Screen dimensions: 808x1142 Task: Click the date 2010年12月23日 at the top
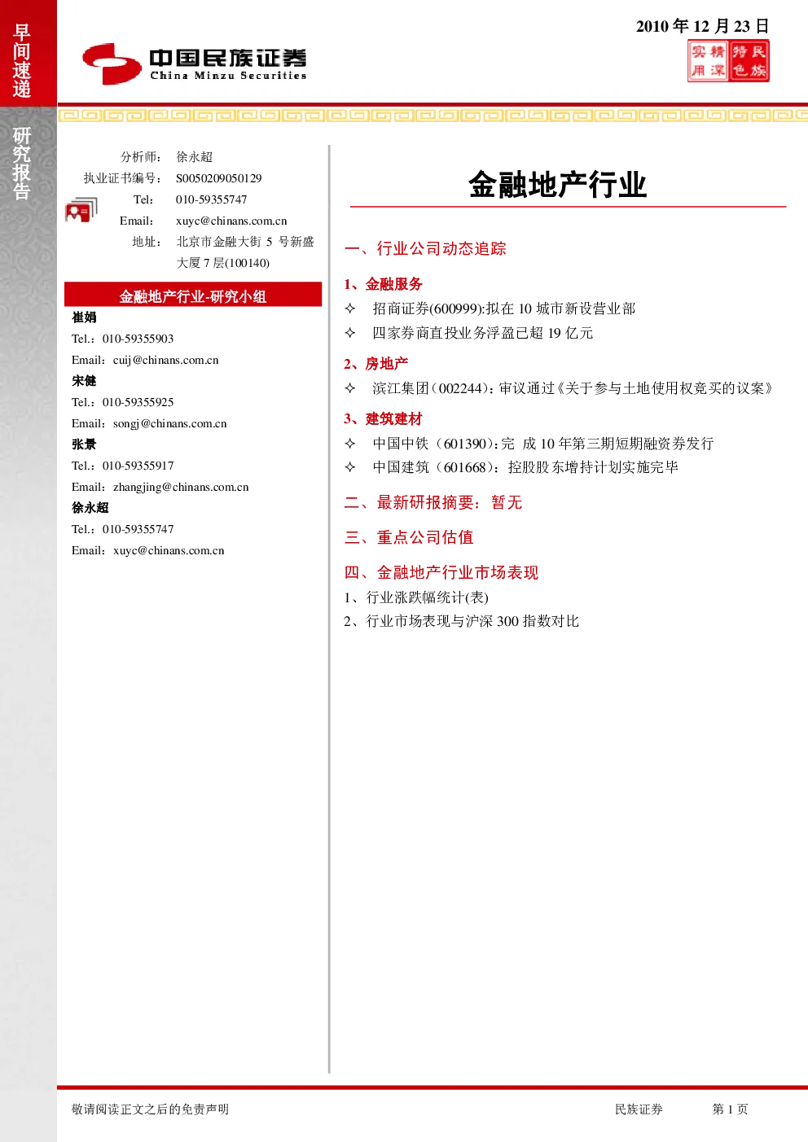(702, 26)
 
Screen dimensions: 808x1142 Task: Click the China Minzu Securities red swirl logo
(112, 63)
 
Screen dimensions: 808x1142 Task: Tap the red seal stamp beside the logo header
(728, 61)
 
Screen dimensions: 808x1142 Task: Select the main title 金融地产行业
(558, 184)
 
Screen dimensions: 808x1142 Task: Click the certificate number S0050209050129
(219, 178)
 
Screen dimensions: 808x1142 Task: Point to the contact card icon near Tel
(81, 209)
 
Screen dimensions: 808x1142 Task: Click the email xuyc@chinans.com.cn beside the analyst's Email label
(231, 221)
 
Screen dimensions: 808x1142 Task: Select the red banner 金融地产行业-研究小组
(193, 295)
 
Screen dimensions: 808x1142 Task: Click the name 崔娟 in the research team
(84, 317)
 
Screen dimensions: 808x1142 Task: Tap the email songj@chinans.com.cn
(170, 423)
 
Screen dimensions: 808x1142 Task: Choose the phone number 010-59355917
(138, 466)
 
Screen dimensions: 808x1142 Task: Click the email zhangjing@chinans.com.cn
(181, 488)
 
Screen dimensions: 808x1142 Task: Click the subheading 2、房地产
(376, 364)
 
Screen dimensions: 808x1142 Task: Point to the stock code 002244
(460, 388)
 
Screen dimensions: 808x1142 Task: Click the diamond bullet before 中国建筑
(350, 467)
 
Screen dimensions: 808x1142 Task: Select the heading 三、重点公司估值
(409, 537)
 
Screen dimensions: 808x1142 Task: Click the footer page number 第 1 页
(730, 1109)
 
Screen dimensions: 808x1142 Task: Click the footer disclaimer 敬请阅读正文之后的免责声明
(151, 1109)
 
